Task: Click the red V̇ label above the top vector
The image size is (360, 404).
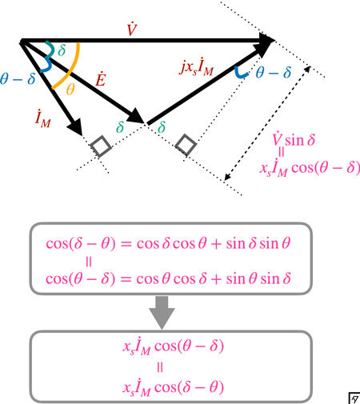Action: tap(132, 30)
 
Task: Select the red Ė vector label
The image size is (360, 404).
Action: tap(101, 79)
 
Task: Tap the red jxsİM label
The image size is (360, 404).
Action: tap(197, 66)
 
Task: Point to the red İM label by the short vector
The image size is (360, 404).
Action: tap(42, 118)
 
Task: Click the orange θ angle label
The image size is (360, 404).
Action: tap(70, 90)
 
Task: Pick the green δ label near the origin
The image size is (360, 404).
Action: tap(62, 50)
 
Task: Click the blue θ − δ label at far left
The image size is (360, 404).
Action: tap(18, 78)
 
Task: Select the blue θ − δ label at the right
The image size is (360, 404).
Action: tap(274, 72)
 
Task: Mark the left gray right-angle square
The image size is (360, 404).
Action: tap(101, 146)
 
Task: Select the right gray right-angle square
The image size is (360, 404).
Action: tap(186, 145)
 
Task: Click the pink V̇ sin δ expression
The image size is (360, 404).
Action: tap(294, 138)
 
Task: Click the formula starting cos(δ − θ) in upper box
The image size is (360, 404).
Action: tap(168, 243)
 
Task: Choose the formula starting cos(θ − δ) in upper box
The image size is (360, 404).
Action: tap(168, 278)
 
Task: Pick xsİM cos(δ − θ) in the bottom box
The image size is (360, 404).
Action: tap(174, 387)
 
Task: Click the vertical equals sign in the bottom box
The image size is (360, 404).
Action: tap(160, 367)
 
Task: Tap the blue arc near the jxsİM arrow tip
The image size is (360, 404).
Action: tap(242, 74)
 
